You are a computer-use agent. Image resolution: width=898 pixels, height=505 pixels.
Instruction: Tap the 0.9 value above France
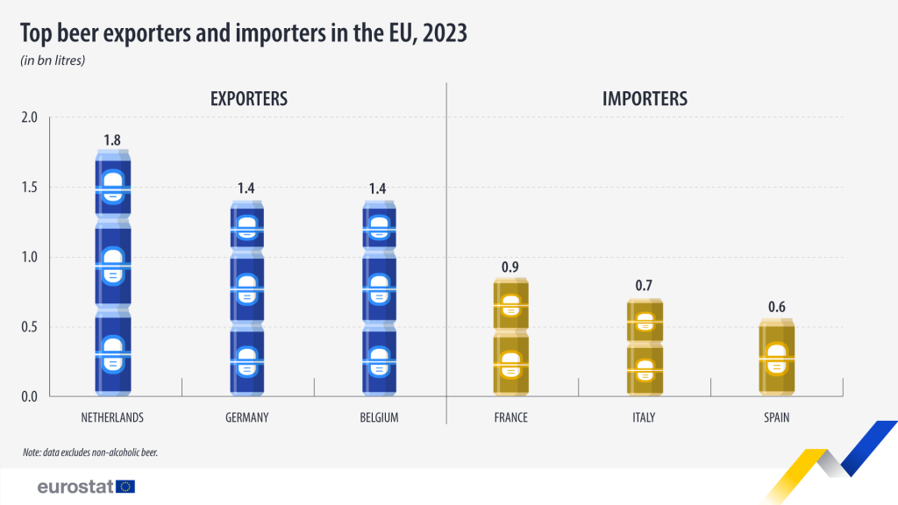point(511,267)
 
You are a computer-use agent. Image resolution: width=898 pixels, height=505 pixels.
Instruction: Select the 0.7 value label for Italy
point(645,286)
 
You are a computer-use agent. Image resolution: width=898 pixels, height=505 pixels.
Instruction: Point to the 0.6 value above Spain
point(776,307)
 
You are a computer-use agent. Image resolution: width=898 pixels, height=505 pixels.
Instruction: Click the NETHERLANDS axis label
point(112,417)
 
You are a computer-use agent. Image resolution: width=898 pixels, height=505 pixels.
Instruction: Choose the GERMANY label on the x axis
point(246,417)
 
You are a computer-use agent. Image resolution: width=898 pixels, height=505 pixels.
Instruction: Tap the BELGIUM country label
point(379,417)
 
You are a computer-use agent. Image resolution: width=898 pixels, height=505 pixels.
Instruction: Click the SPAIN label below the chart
point(776,417)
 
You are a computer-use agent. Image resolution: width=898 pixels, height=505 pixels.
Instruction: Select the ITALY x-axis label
point(644,417)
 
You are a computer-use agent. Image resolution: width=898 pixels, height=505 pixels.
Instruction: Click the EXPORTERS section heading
point(249,99)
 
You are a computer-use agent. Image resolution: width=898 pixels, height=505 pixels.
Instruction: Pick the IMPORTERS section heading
point(645,99)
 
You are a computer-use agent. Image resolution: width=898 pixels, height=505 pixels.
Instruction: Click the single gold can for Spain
point(776,358)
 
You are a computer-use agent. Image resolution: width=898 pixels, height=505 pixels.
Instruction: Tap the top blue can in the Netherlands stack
point(112,184)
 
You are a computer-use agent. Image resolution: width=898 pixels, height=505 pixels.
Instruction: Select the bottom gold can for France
point(511,364)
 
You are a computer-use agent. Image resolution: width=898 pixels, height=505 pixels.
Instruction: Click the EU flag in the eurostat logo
point(125,486)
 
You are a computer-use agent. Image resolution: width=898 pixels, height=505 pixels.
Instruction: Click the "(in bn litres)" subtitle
point(53,60)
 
